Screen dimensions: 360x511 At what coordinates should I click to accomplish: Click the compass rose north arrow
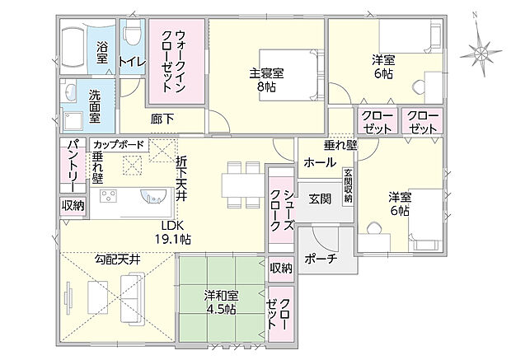tap(479, 49)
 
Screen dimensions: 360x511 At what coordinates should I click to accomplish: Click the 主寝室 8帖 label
tap(267, 78)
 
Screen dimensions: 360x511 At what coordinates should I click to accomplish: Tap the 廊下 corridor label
tap(162, 119)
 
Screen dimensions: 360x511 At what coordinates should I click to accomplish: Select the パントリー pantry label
tap(71, 166)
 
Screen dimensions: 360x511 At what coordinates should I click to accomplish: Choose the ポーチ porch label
tap(319, 259)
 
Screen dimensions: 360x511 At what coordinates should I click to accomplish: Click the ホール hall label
tap(319, 162)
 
